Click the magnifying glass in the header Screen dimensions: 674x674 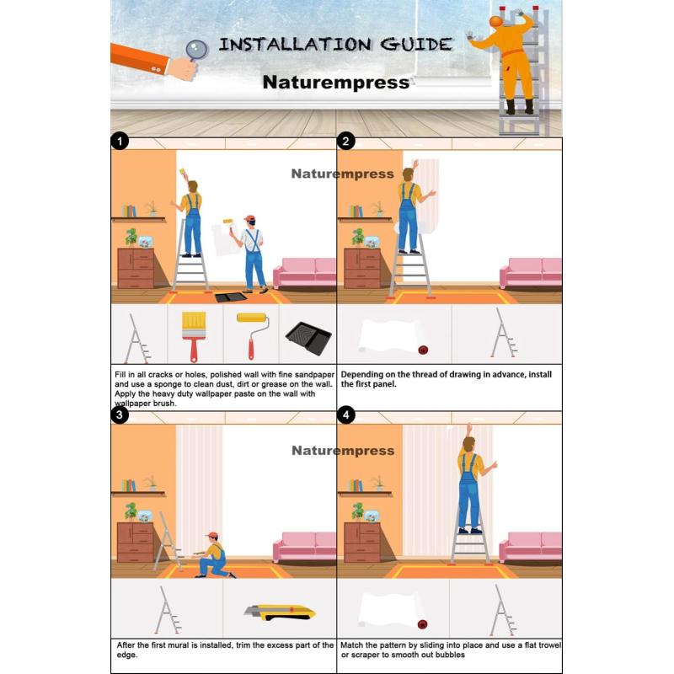pos(197,50)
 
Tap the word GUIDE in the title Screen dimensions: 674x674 pos(416,45)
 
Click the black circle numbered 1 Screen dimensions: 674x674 pos(120,141)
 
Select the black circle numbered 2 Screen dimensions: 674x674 pos(346,141)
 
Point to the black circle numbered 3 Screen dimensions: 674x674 pos(120,415)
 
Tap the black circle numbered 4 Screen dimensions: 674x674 pos(346,415)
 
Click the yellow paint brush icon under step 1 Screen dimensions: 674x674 pos(194,336)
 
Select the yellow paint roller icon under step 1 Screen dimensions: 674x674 pos(253,335)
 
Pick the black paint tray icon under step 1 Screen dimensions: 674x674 pos(308,339)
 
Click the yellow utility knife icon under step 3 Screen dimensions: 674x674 pos(280,612)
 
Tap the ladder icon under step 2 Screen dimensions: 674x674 pos(504,333)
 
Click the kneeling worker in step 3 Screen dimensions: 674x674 pos(213,555)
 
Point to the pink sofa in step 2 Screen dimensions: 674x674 pos(531,273)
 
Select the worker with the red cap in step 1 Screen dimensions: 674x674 pos(250,254)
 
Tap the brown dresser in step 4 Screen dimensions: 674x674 pos(362,543)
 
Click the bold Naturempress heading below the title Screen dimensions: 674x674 pos(335,82)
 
